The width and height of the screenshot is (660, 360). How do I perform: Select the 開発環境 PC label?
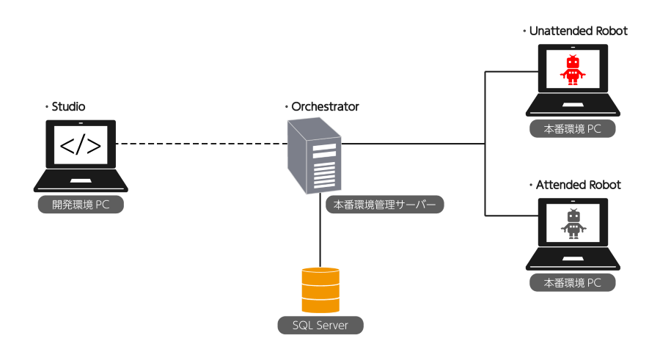(x=81, y=205)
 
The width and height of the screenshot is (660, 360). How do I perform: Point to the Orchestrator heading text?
(x=325, y=107)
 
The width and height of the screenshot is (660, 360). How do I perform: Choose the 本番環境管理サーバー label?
(x=385, y=205)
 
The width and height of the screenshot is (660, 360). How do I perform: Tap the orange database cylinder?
(x=320, y=290)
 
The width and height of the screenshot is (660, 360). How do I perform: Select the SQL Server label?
(x=320, y=326)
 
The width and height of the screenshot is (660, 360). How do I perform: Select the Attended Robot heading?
(x=579, y=185)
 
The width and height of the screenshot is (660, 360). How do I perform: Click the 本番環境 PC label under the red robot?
(x=572, y=129)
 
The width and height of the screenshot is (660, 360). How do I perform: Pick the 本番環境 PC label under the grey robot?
(x=572, y=283)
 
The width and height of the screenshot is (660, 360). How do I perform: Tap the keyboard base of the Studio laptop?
(x=81, y=182)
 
